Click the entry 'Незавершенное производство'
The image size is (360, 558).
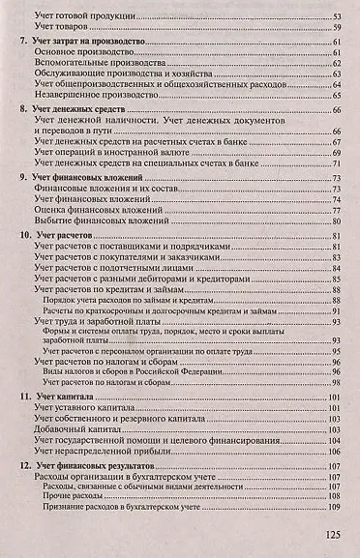92,95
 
